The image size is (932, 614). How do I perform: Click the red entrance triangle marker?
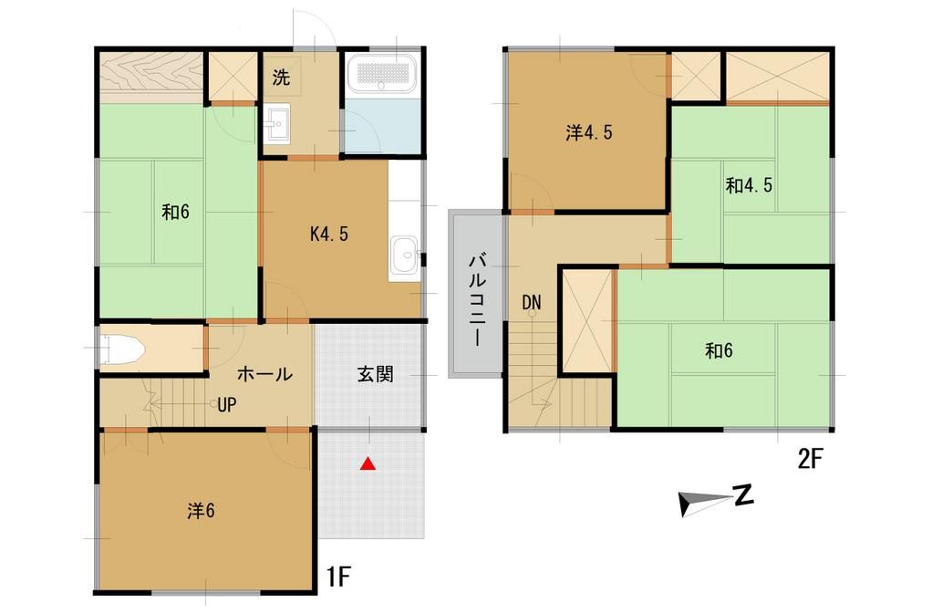click(x=367, y=463)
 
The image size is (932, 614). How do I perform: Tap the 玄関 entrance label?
click(x=374, y=374)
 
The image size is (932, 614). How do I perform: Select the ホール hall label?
click(x=264, y=374)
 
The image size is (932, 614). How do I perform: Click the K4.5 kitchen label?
click(x=328, y=234)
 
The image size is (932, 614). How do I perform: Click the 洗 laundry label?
click(x=281, y=78)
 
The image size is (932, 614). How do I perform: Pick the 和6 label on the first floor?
click(x=175, y=213)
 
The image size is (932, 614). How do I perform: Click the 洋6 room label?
click(x=201, y=511)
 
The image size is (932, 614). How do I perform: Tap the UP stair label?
click(x=227, y=404)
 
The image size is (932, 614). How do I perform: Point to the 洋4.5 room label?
click(x=588, y=133)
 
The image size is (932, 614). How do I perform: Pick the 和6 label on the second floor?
click(x=719, y=351)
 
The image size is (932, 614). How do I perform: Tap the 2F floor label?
click(x=810, y=459)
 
